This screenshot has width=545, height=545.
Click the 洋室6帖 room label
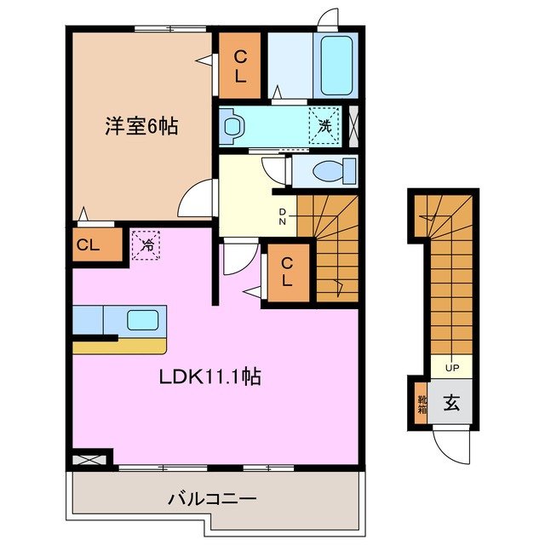click(x=141, y=127)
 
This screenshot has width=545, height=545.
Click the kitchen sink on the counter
click(x=141, y=321)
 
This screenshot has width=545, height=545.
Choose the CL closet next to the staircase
click(x=288, y=272)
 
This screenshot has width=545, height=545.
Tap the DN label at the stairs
click(x=282, y=217)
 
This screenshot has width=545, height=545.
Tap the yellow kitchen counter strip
click(x=119, y=346)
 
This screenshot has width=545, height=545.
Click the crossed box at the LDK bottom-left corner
click(x=89, y=459)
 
